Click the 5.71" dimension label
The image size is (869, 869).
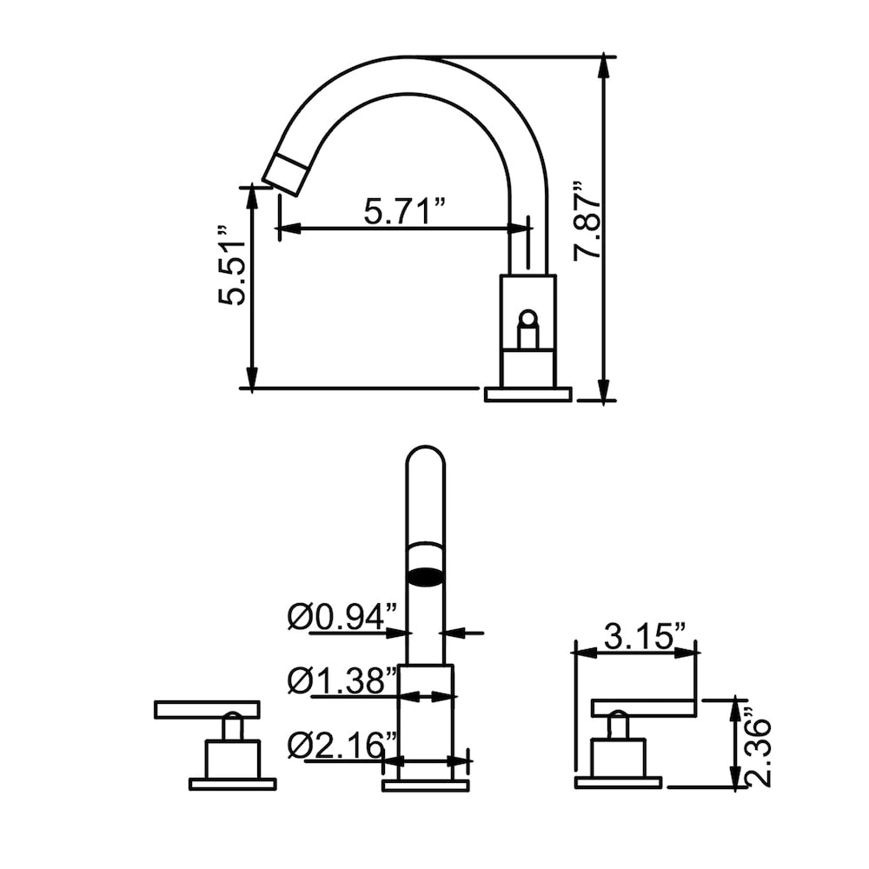click(404, 211)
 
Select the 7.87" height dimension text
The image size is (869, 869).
click(588, 221)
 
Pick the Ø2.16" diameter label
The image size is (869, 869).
click(342, 746)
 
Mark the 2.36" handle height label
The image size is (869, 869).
click(759, 752)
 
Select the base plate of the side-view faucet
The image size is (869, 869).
click(527, 395)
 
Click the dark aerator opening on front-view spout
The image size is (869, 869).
click(426, 574)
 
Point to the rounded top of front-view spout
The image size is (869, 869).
click(426, 456)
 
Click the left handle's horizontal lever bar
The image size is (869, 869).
click(207, 709)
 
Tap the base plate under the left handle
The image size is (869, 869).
click(232, 784)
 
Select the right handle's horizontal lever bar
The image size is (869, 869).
click(643, 708)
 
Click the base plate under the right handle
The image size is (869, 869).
click(618, 783)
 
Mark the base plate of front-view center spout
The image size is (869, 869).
click(426, 785)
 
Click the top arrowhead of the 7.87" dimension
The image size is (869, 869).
click(602, 66)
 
